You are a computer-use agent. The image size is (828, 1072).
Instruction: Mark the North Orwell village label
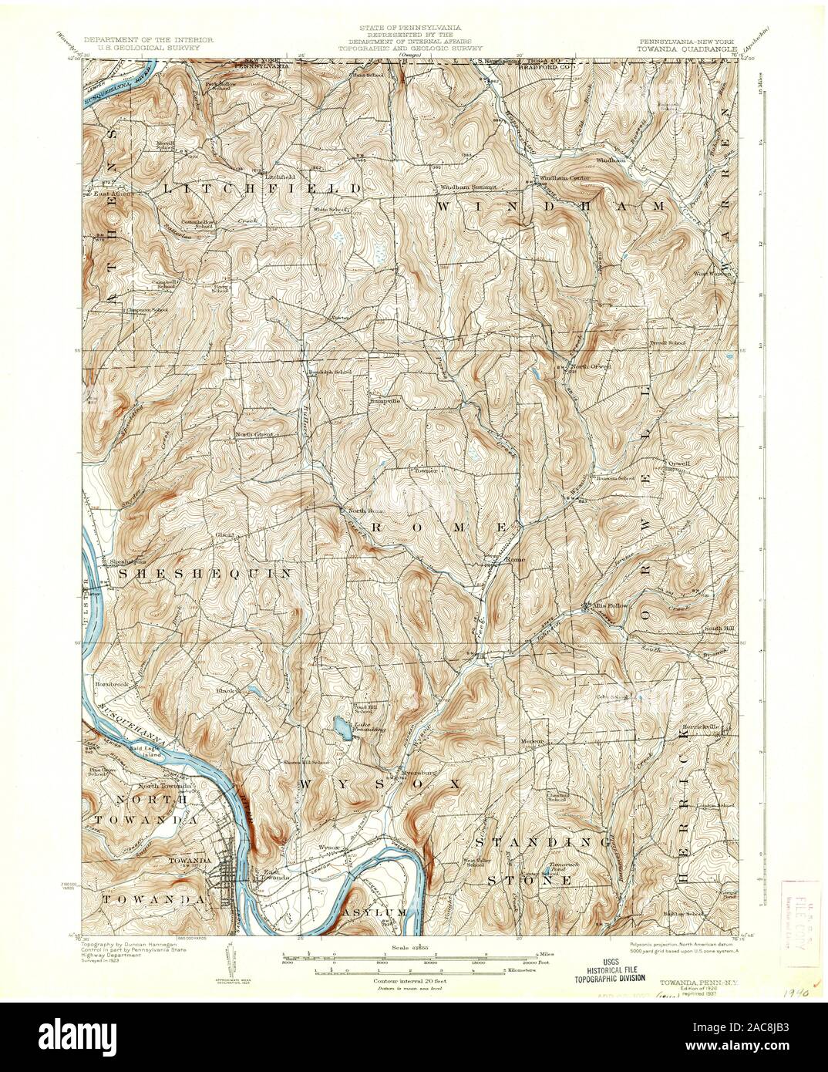590,367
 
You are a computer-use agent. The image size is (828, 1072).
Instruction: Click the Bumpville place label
383,401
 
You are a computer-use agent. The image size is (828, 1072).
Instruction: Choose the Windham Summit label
471,187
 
